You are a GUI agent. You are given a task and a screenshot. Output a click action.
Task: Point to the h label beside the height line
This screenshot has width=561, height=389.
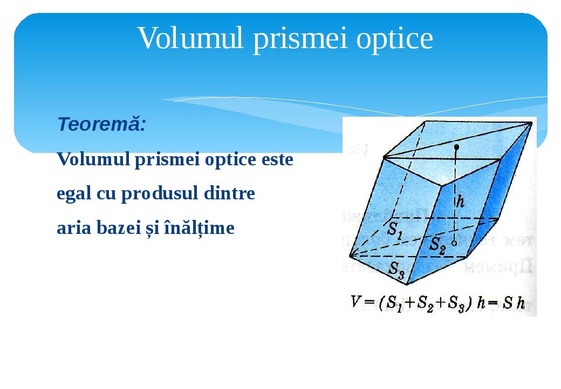point(461,202)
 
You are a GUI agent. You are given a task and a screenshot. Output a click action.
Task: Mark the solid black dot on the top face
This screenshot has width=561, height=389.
point(457,146)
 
